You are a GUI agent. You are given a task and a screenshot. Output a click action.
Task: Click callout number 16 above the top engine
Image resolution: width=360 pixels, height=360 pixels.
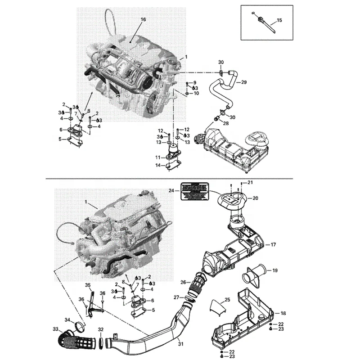pos(144,19)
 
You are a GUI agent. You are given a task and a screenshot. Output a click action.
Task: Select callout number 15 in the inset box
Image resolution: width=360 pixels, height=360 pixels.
pos(279,21)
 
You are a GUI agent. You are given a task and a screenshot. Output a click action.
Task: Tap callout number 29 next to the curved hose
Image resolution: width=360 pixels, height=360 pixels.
pos(244,82)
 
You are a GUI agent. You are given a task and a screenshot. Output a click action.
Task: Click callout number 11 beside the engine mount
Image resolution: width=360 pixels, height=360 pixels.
pos(158,157)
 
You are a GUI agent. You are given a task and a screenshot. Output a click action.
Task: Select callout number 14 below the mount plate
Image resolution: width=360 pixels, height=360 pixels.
pos(158,166)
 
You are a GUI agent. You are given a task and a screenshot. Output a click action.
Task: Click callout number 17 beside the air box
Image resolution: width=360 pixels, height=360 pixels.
pos(273,244)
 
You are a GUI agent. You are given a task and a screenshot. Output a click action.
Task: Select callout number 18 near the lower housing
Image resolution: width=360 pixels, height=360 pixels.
pos(283,312)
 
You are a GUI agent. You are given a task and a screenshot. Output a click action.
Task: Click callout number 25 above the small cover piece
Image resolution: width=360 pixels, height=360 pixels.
pos(227,299)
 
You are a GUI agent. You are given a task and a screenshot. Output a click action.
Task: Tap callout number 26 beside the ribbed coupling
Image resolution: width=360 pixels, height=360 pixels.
pos(183,283)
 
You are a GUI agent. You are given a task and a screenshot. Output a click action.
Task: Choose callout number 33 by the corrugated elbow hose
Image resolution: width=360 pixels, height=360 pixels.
pos(55,328)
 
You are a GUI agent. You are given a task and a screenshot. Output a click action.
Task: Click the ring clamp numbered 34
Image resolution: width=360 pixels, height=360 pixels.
pos(79,324)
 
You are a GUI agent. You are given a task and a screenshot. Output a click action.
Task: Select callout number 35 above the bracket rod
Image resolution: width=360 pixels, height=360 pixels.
pos(88,285)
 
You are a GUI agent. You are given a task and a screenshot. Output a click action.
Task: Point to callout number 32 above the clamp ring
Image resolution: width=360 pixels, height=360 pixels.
pos(101,329)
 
